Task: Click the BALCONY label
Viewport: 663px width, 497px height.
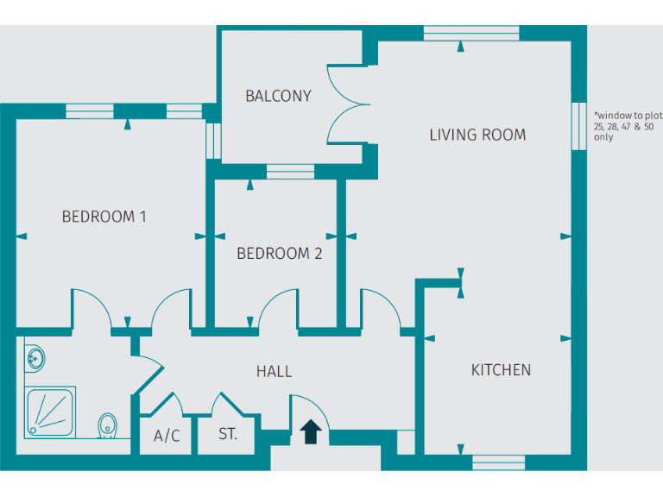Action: (x=278, y=96)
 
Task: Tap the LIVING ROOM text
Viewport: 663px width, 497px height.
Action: (x=477, y=135)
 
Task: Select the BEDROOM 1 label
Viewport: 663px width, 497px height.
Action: (x=104, y=217)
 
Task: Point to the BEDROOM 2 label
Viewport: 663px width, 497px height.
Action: (x=279, y=254)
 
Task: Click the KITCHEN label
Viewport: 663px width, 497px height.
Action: (x=501, y=370)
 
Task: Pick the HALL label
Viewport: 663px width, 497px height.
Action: (x=274, y=372)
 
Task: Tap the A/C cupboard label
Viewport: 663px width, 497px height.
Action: (x=167, y=436)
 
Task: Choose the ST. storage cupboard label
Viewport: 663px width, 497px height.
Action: (x=228, y=434)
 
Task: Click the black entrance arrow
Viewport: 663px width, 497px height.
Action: (x=312, y=431)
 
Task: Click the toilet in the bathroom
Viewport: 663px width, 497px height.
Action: (x=108, y=425)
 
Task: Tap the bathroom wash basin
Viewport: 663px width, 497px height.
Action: (x=35, y=356)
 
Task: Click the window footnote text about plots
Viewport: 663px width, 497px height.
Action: (x=626, y=125)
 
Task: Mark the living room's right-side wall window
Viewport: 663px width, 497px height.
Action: (x=578, y=128)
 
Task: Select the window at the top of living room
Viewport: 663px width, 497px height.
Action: (x=470, y=34)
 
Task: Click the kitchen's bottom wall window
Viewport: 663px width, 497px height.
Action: (x=498, y=462)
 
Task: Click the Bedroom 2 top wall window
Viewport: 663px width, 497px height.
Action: (x=288, y=173)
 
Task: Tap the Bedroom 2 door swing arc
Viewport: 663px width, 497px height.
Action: (x=279, y=309)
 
